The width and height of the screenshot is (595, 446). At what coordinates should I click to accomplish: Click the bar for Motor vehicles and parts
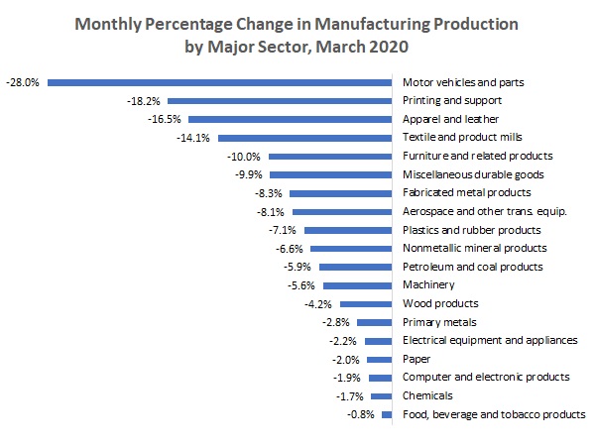220,82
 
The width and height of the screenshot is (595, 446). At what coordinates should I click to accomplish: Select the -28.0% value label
23,82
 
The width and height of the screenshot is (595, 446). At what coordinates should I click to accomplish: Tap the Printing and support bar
280,101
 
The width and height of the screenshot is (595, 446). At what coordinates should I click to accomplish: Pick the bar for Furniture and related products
330,157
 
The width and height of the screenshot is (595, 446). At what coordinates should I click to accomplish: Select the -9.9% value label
248,174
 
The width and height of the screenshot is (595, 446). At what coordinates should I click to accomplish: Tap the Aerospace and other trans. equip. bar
342,212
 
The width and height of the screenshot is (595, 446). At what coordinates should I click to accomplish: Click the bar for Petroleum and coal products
356,267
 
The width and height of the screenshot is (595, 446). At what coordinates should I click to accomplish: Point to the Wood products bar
368,303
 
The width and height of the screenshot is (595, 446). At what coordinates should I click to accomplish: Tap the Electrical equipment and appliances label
490,341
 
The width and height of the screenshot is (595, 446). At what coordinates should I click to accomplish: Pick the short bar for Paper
380,360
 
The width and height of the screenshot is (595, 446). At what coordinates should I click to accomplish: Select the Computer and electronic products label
486,378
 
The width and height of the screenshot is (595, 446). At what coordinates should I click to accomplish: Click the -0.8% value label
360,415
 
